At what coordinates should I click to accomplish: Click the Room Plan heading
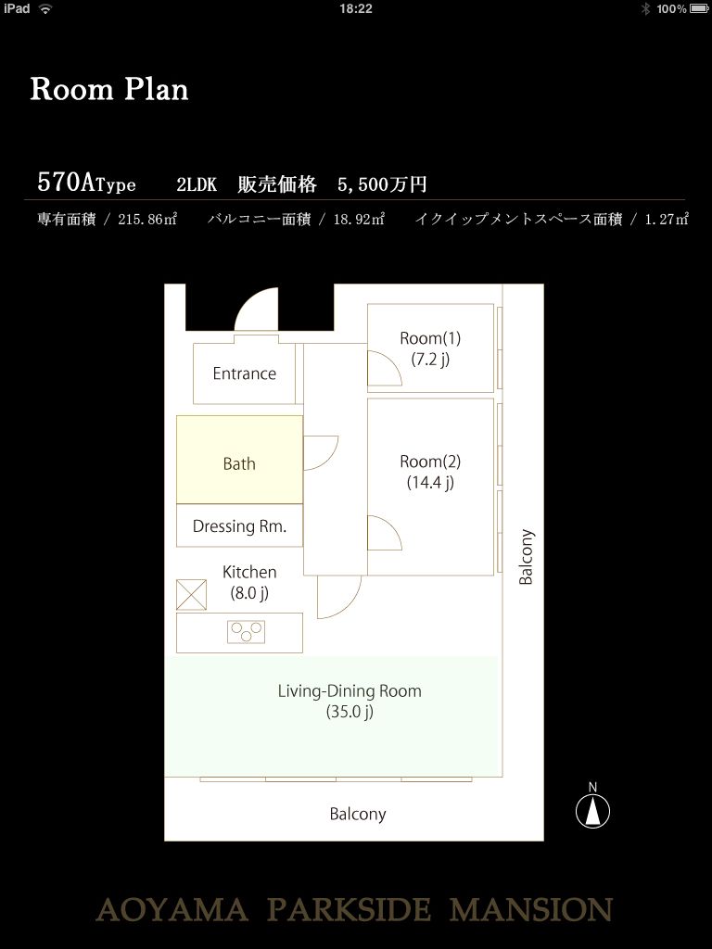[x=109, y=90]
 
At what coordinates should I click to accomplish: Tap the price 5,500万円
[x=382, y=184]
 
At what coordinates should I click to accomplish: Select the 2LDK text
[x=197, y=184]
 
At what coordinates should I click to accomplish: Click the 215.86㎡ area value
[x=147, y=219]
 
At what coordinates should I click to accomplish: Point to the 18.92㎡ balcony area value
[x=359, y=219]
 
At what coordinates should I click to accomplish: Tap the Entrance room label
[x=244, y=373]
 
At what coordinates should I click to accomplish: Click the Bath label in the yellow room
[x=239, y=463]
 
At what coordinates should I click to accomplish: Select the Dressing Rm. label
[x=239, y=526]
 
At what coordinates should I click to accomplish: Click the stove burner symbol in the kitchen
[x=246, y=632]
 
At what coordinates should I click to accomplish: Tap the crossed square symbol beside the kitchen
[x=191, y=595]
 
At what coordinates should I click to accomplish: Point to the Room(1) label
[x=430, y=338]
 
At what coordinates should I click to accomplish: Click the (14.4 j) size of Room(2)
[x=430, y=482]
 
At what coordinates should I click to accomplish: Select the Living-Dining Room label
[x=350, y=690]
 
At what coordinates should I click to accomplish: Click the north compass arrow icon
[x=592, y=811]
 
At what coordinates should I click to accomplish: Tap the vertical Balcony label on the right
[x=527, y=557]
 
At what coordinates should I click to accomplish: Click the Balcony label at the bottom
[x=357, y=814]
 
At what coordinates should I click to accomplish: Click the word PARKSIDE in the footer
[x=350, y=910]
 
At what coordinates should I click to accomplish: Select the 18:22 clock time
[x=356, y=8]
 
